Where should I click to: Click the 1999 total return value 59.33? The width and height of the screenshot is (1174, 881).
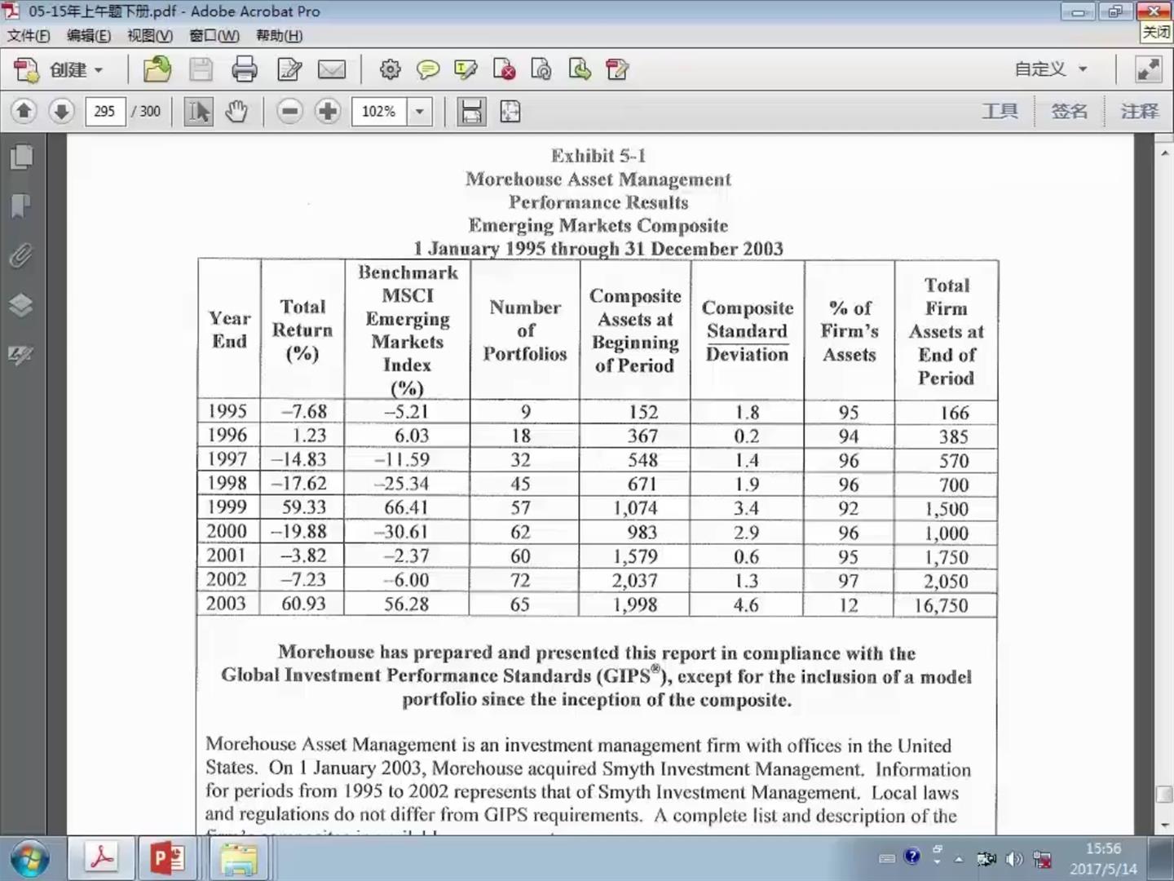tap(303, 507)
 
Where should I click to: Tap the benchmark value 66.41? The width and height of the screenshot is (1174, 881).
tap(406, 507)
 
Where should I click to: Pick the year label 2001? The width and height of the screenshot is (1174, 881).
tap(226, 556)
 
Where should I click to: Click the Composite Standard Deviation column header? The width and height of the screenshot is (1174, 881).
tap(747, 330)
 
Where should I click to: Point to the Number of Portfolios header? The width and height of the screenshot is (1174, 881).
tap(525, 330)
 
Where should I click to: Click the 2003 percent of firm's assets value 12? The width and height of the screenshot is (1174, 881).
tap(848, 605)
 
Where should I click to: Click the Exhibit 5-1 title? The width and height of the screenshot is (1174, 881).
tap(598, 156)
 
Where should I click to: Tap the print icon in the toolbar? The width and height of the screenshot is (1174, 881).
tap(244, 69)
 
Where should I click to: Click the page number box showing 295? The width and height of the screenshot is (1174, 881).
tap(104, 111)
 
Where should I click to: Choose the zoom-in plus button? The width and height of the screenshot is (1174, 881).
tap(328, 111)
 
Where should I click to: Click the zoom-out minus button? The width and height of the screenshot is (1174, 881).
tap(289, 111)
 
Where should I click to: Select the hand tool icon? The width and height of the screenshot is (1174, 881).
tap(236, 111)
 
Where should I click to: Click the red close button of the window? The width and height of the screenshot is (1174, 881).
tap(1154, 11)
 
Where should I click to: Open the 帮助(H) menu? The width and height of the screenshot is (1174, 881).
tap(279, 36)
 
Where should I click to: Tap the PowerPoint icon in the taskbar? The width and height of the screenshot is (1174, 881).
tap(167, 858)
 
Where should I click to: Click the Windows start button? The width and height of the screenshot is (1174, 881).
tap(29, 858)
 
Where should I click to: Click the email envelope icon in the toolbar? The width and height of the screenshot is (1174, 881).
tap(331, 69)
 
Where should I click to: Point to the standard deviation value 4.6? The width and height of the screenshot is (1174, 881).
tap(745, 605)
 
